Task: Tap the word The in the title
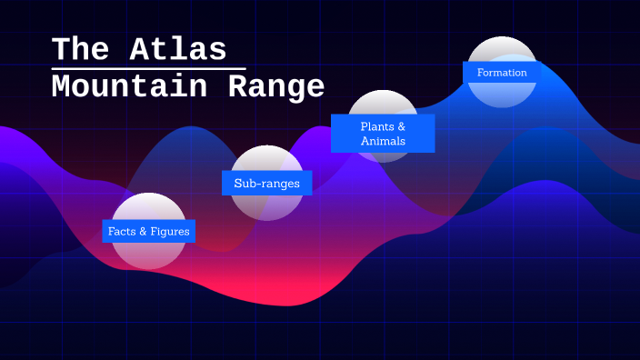point(81,48)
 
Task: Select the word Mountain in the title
point(126,87)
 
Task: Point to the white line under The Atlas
point(148,68)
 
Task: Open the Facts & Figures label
point(148,232)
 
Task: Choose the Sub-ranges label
point(266,184)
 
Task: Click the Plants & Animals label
point(383,134)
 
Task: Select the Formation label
point(502,73)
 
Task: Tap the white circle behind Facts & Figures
point(148,255)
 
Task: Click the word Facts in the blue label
point(121,232)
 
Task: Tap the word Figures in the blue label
point(170,232)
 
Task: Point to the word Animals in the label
point(383,142)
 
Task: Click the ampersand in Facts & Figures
point(143,232)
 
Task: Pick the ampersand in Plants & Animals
point(401,126)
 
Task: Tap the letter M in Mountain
point(61,87)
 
